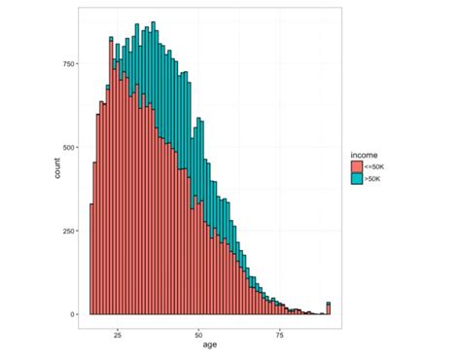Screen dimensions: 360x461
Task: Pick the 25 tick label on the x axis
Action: click(118, 329)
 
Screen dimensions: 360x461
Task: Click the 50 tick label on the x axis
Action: click(198, 329)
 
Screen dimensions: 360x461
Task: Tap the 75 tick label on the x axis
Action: click(279, 329)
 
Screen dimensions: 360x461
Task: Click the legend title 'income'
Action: click(364, 154)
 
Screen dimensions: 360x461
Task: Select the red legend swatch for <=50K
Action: click(357, 167)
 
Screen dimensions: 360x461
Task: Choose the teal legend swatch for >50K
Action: click(357, 180)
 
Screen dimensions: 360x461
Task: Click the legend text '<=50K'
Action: click(375, 167)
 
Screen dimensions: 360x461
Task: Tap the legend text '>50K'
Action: click(373, 180)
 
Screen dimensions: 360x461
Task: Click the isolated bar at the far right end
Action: click(329, 309)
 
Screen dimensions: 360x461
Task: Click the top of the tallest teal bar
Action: click(153, 23)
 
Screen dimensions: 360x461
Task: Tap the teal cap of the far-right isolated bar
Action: click(329, 304)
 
